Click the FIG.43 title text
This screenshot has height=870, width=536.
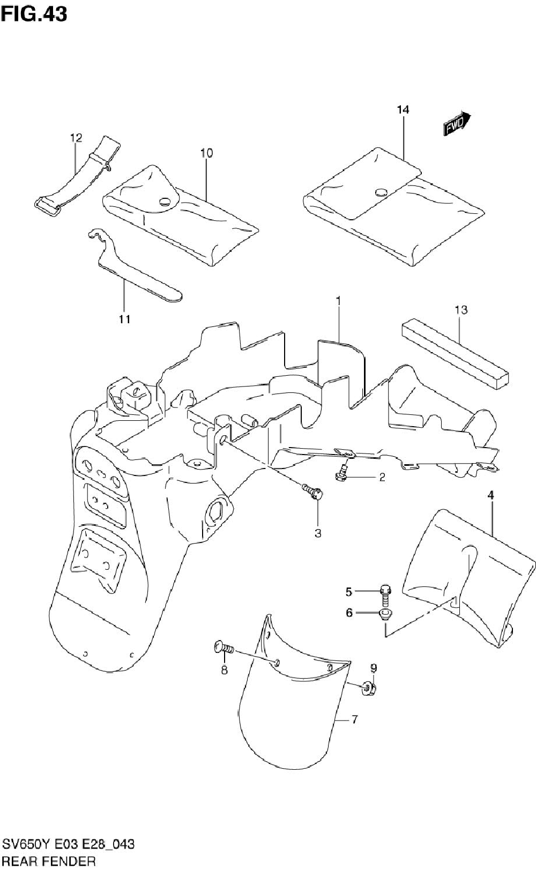click(34, 14)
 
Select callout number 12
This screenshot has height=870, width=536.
click(76, 138)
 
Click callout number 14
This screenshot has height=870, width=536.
click(403, 110)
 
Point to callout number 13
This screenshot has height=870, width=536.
click(461, 309)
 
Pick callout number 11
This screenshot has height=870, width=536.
click(124, 319)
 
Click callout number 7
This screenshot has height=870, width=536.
click(354, 720)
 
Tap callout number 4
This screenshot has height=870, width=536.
click(490, 496)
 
